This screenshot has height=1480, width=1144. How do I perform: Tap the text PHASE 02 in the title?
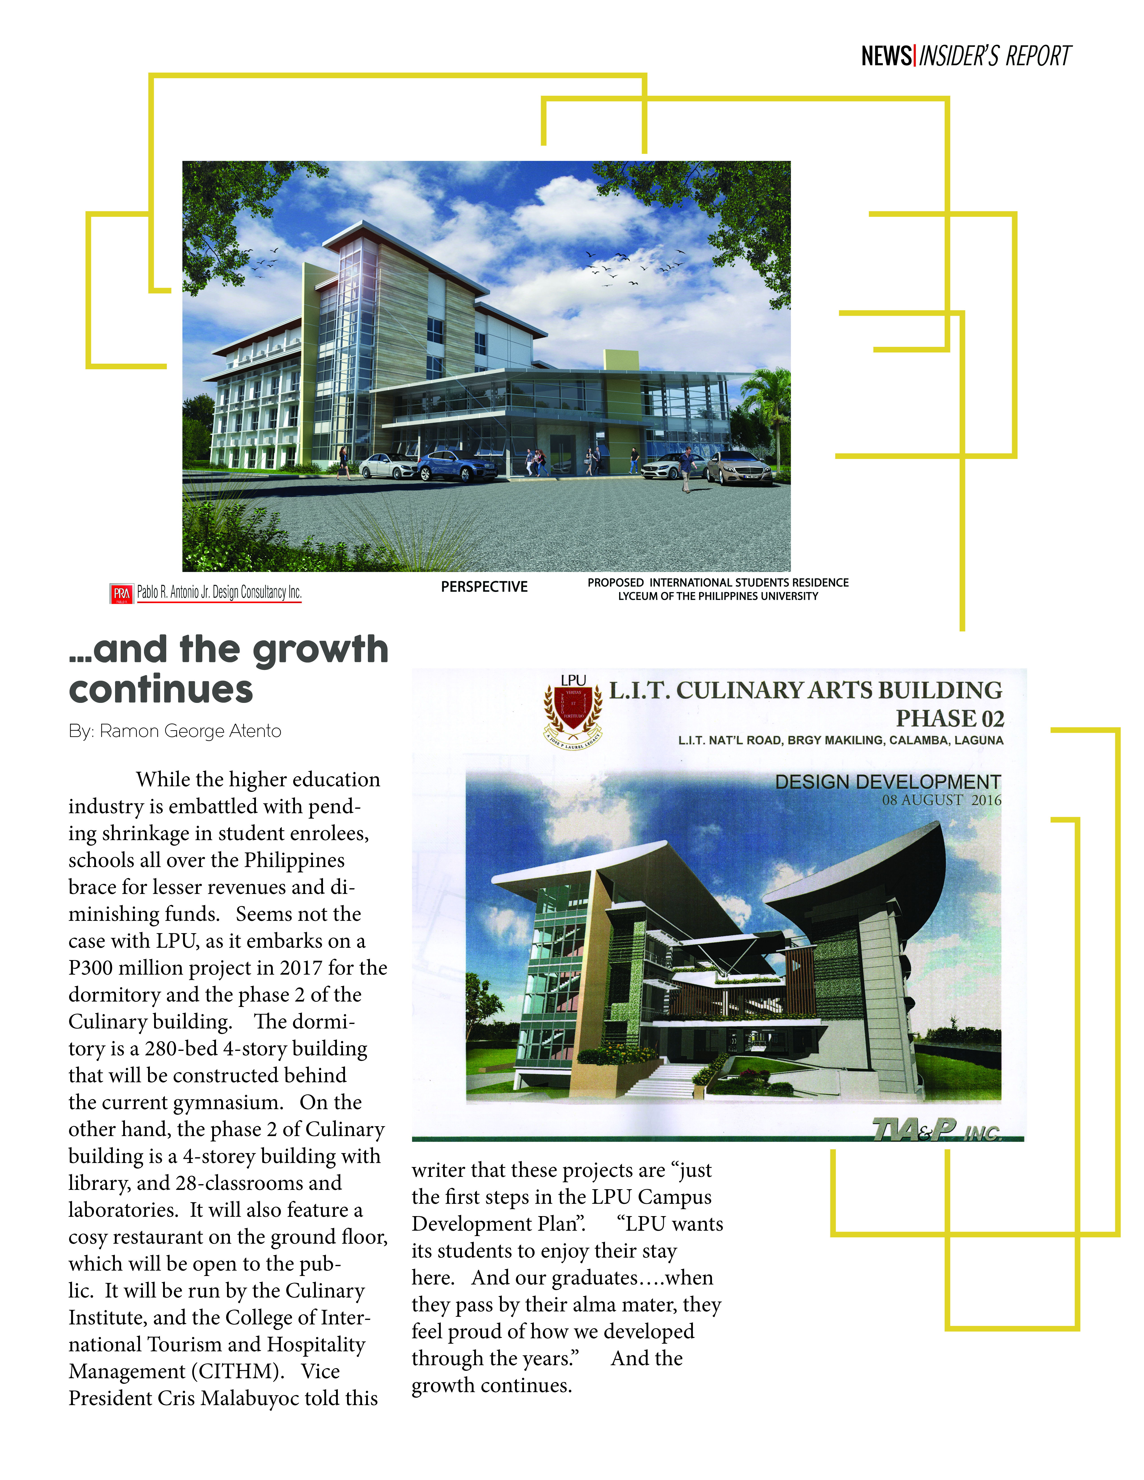(x=949, y=718)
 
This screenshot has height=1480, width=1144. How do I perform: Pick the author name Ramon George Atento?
(x=190, y=731)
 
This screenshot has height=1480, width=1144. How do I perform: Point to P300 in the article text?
(x=91, y=968)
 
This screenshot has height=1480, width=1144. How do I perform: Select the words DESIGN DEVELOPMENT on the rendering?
(x=888, y=782)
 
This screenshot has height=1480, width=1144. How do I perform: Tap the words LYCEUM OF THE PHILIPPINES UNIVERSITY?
(x=717, y=596)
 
